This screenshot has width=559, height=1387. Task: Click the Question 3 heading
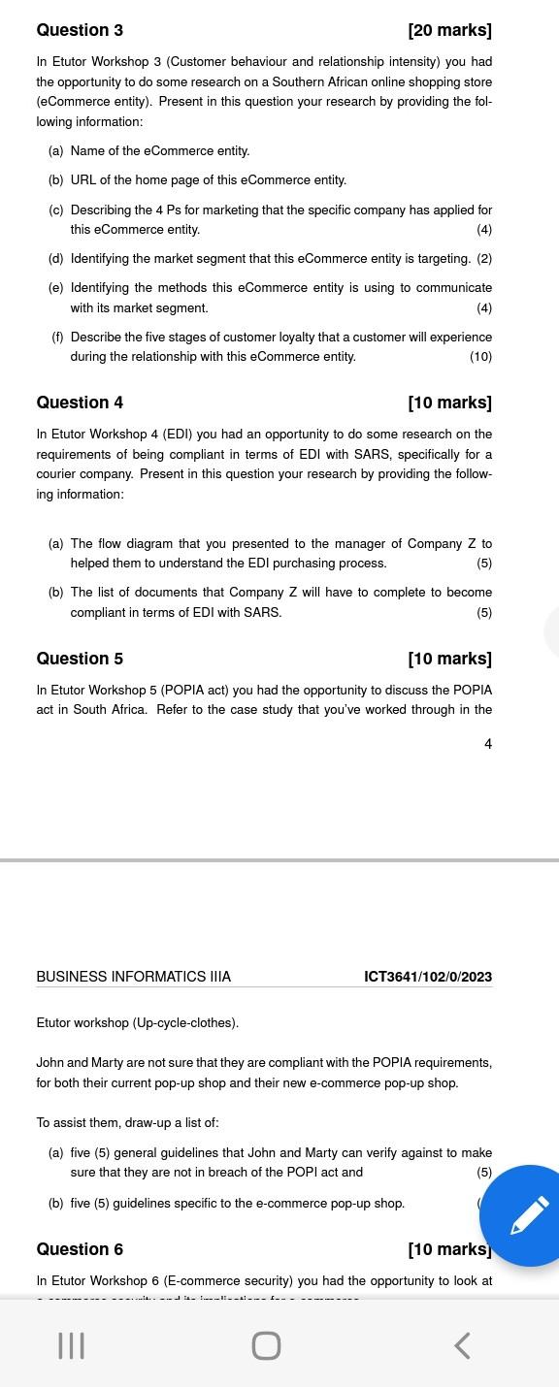click(80, 30)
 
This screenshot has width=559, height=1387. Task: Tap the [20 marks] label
click(449, 30)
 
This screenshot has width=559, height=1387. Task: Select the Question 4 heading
click(80, 403)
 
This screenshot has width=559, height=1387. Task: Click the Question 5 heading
click(80, 659)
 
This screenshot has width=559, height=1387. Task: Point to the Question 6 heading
click(80, 1249)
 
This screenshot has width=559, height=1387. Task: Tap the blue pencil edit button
click(529, 1215)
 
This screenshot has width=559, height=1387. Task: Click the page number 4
click(487, 744)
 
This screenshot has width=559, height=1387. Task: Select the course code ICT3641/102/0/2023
click(428, 977)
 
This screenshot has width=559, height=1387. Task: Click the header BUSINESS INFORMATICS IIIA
click(134, 977)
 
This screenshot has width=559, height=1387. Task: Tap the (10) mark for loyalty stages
click(480, 357)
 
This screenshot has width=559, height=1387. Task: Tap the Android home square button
click(266, 1345)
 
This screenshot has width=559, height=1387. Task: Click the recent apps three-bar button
click(71, 1345)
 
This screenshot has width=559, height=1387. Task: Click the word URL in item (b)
click(83, 180)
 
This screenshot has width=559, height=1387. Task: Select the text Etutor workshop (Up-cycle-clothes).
click(137, 1023)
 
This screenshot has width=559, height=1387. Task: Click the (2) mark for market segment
click(484, 259)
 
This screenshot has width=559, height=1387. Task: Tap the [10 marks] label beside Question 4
click(449, 403)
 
